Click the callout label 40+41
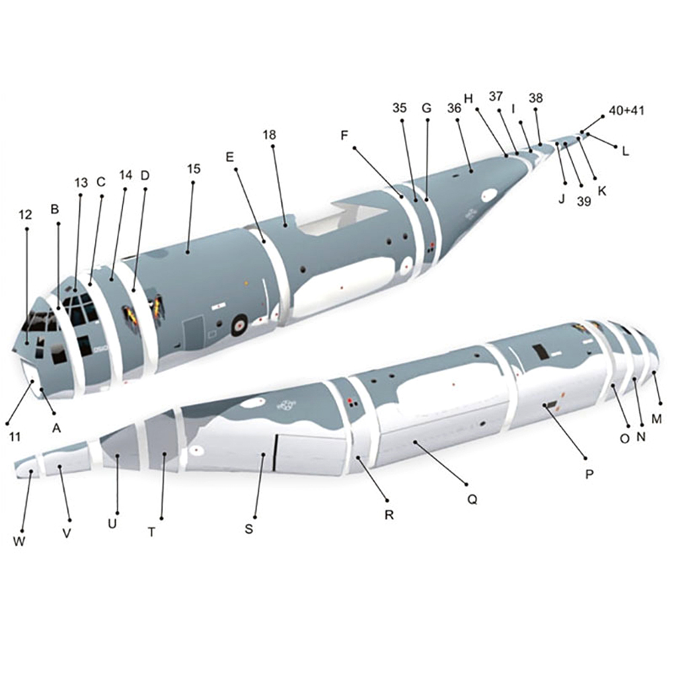pyautogui.click(x=626, y=110)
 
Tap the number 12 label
pyautogui.click(x=26, y=215)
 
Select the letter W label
pyautogui.click(x=19, y=541)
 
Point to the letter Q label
pyautogui.click(x=472, y=500)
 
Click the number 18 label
pyautogui.click(x=269, y=135)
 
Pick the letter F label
pyautogui.click(x=344, y=136)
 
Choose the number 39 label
pyautogui.click(x=584, y=201)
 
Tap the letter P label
pyautogui.click(x=589, y=474)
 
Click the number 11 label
pyautogui.click(x=15, y=437)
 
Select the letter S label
pyautogui.click(x=249, y=529)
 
